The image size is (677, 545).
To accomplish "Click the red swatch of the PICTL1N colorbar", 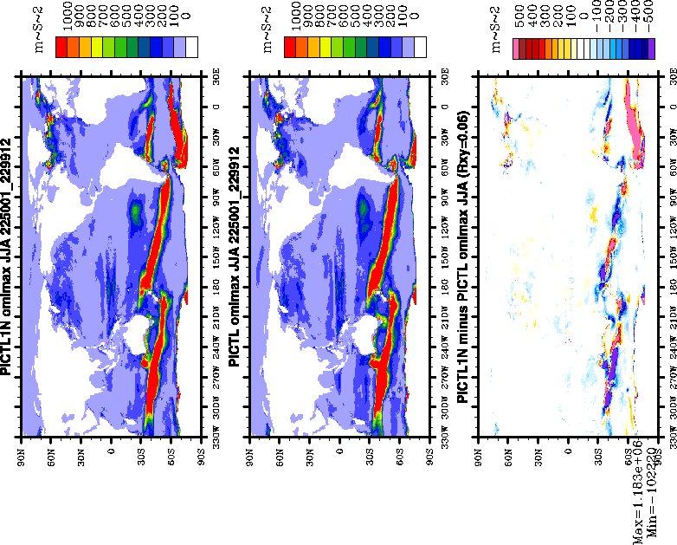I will click(61, 47).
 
